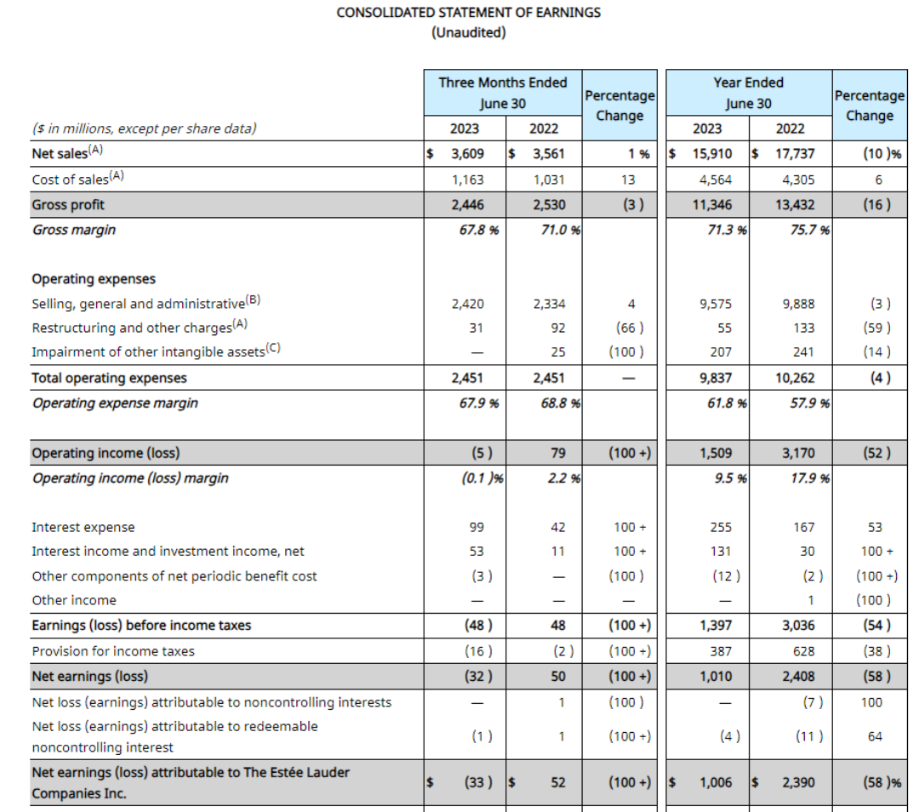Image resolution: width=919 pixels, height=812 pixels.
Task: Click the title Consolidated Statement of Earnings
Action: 468,13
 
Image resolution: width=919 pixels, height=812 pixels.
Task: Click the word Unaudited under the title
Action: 468,33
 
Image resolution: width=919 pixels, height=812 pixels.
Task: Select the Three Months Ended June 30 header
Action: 502,93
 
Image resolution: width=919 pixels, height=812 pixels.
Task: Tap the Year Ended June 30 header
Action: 748,93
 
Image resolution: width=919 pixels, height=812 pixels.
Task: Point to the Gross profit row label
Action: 68,205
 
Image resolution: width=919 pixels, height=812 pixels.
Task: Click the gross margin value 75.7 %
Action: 810,230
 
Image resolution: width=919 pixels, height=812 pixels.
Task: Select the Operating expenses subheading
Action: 94,279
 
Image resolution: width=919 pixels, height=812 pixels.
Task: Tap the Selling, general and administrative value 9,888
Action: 797,304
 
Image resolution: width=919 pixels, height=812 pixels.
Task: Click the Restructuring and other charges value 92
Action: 557,328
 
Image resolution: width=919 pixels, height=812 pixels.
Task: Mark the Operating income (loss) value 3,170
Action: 797,453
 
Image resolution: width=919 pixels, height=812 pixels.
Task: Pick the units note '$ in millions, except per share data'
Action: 144,129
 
